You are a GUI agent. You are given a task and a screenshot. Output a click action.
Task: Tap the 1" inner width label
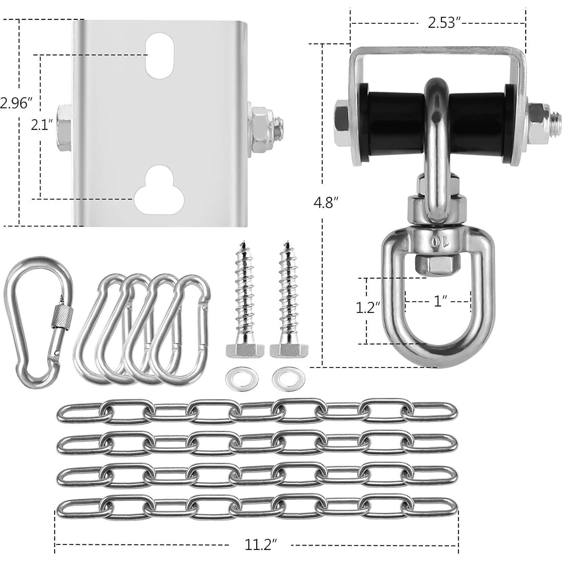click(439, 301)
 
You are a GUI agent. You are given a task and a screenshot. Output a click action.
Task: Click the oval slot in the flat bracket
click(160, 56)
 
